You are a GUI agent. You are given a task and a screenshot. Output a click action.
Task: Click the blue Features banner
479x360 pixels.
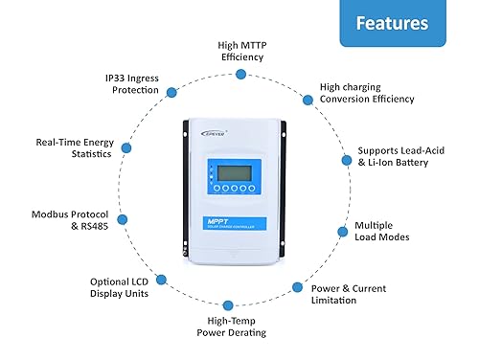396,23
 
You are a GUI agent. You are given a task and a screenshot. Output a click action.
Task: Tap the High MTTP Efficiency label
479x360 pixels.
240,51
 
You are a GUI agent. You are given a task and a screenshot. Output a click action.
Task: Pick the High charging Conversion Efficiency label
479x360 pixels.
367,92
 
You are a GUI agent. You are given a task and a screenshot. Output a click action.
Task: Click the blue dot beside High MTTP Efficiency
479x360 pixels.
241,74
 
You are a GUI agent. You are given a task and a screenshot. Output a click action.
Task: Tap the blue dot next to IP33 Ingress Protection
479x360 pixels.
171,92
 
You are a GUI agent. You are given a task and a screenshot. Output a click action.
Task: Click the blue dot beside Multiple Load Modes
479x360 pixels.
343,231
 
